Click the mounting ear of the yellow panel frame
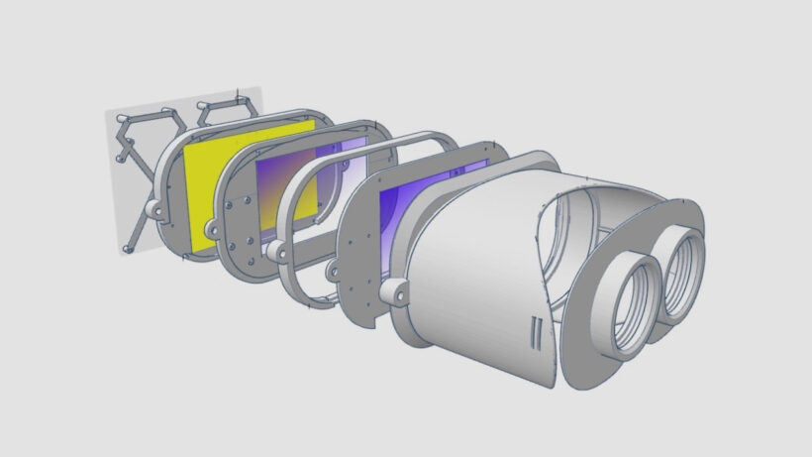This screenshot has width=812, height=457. (155, 211)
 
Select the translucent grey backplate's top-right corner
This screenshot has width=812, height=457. (259, 88)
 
